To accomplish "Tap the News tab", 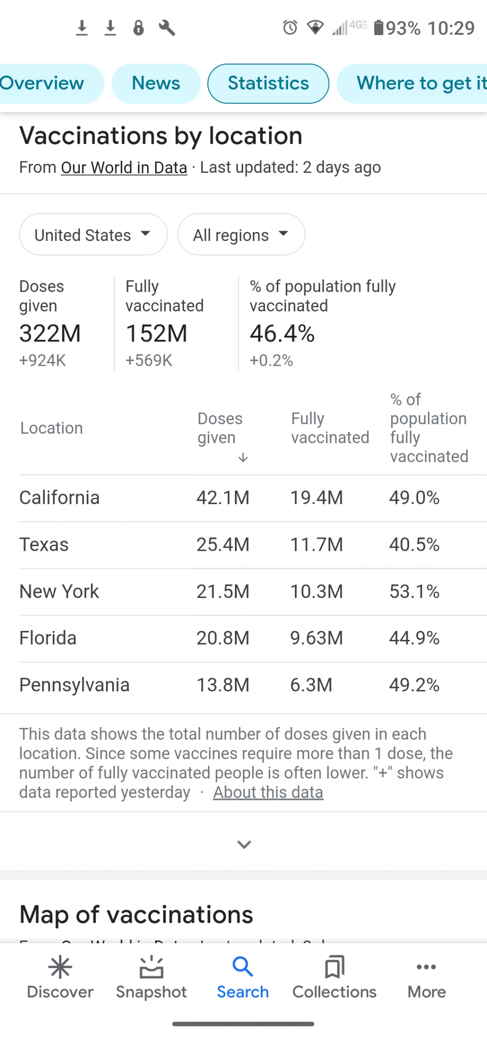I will (x=156, y=83).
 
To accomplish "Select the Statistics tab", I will (x=268, y=83).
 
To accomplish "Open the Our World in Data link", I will (x=124, y=168).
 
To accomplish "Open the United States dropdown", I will (x=93, y=235).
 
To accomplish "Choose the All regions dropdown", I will (x=241, y=235).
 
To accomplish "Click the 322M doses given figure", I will (x=50, y=333).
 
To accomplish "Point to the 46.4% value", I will (x=282, y=333).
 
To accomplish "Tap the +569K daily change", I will (x=148, y=360).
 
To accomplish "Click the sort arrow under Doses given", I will (x=243, y=458).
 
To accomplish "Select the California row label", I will (x=59, y=498).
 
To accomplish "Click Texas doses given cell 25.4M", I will (x=223, y=545).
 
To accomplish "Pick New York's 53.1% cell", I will (x=414, y=591).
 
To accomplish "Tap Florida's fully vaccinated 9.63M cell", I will (x=316, y=638).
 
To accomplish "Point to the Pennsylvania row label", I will (x=74, y=685).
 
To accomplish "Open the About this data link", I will (x=268, y=792).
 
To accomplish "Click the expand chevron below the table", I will (x=244, y=844).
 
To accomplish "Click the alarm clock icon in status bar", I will (x=290, y=28).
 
